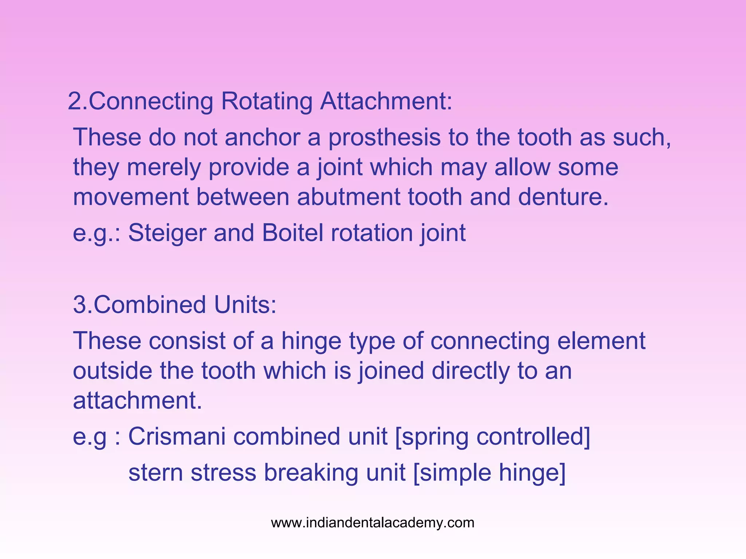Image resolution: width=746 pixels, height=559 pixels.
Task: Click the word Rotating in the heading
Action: coord(266,101)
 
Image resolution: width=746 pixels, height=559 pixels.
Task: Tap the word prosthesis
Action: coord(384,138)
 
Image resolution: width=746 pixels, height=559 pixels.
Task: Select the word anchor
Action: coord(262,138)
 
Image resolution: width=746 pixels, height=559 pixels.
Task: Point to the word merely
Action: coord(164,167)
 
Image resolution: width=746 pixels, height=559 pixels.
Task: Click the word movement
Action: coord(131,197)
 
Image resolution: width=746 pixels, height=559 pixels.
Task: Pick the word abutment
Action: coord(349,197)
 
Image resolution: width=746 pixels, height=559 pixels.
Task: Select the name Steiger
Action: coord(167,233)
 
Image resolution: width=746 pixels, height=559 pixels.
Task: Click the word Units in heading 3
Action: coord(245,305)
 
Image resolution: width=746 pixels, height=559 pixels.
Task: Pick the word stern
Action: coord(156,472)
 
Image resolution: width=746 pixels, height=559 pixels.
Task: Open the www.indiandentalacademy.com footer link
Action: coord(373,523)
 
